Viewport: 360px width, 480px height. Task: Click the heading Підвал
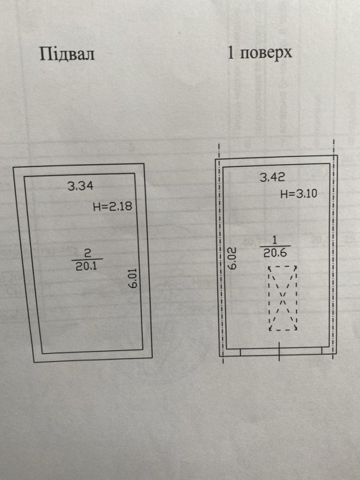67,54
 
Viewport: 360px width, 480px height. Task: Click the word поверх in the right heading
266,53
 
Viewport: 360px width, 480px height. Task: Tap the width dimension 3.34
80,186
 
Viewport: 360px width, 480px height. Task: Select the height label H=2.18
113,206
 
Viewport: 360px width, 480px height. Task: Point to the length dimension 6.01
133,278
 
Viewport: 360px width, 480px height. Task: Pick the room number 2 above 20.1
87,253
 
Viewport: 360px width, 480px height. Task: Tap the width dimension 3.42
273,177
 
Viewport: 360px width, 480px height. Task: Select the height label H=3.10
299,193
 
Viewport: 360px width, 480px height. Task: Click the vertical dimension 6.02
232,259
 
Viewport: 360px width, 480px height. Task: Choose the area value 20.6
275,253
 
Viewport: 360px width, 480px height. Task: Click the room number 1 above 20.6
275,239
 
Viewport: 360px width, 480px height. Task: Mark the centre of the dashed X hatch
283,298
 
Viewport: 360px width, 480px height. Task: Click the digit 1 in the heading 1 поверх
231,52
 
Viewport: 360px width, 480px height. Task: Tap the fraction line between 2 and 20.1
87,259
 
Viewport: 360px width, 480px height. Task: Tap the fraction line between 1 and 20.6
275,246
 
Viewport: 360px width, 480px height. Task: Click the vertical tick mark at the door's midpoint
279,351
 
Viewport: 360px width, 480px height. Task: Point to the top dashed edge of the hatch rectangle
283,267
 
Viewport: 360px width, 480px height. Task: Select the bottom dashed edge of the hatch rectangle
283,330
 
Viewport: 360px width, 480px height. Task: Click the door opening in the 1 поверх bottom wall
281,352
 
